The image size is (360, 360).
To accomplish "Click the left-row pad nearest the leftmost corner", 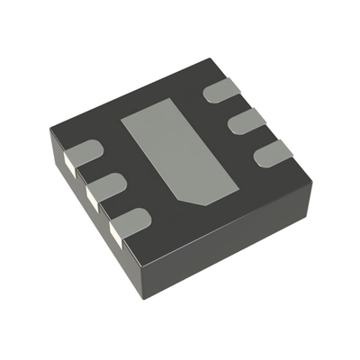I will (83, 156).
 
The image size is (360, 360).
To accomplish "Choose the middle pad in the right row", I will (246, 121).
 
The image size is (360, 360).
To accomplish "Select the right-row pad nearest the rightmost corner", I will (270, 154).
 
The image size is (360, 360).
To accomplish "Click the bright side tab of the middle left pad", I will (91, 193).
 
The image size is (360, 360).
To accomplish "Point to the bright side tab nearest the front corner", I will (116, 231).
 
